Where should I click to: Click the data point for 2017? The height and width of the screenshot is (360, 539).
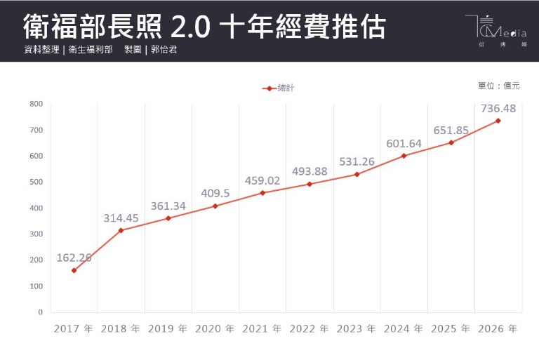[x=74, y=270]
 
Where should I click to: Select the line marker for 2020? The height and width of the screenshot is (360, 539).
[x=215, y=206]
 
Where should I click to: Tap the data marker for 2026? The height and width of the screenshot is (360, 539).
[x=498, y=121]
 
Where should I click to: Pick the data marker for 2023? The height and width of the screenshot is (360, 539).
[x=357, y=174]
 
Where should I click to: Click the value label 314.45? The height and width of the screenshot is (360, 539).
[x=121, y=218]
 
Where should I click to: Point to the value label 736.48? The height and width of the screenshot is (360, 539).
[x=499, y=108]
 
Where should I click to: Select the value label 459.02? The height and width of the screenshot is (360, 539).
[x=262, y=180]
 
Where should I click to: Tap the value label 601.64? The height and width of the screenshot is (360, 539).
[x=404, y=143]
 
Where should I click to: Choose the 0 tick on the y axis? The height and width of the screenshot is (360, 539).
[x=40, y=312]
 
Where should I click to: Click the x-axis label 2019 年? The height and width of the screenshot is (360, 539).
[x=168, y=328]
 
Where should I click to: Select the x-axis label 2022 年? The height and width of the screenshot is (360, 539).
[x=310, y=328]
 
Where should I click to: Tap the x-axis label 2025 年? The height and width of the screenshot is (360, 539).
[x=451, y=328]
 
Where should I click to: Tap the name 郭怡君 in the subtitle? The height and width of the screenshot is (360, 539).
[x=164, y=51]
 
